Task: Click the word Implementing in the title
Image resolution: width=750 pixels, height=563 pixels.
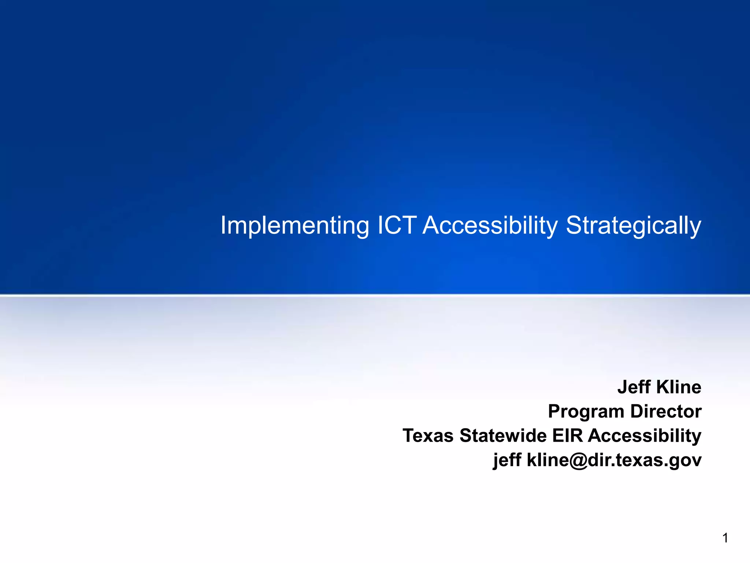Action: click(294, 225)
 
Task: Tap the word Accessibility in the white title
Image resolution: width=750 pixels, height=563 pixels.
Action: click(490, 225)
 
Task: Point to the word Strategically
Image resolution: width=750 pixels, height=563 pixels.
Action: click(634, 225)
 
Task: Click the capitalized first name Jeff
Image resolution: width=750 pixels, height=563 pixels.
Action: click(633, 387)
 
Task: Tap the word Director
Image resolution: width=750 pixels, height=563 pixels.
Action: click(666, 411)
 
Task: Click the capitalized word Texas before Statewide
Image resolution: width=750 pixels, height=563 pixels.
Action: click(428, 436)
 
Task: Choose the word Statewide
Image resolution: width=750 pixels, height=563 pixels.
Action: click(503, 436)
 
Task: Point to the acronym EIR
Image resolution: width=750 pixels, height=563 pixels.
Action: click(568, 436)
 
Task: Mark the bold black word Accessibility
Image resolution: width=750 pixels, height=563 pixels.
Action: click(645, 436)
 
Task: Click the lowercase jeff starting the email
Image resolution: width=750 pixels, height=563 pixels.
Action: click(507, 460)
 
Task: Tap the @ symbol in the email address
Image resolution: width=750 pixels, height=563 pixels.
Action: click(573, 460)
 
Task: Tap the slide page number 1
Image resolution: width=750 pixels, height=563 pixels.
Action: click(725, 538)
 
